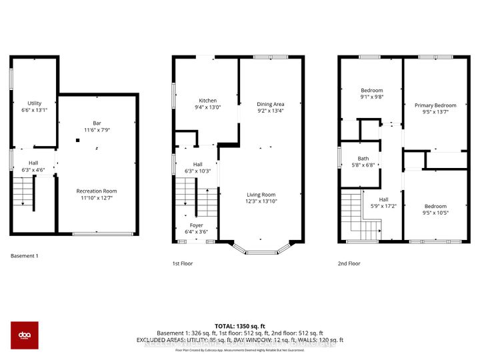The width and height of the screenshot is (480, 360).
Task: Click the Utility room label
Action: (x=35, y=103)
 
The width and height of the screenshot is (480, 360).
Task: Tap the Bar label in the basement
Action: (x=97, y=123)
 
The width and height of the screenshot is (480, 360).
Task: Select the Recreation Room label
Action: (x=97, y=191)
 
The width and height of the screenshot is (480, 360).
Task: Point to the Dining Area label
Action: (x=271, y=104)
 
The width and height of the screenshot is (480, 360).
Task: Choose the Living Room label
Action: (x=261, y=195)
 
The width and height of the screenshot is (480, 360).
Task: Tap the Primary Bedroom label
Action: (x=435, y=105)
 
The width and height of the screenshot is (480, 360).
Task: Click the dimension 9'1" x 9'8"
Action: (x=372, y=97)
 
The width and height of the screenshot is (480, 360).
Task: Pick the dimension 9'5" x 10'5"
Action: (x=435, y=213)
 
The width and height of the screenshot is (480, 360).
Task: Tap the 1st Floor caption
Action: (x=182, y=263)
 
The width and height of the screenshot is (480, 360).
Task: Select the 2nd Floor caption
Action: (x=349, y=263)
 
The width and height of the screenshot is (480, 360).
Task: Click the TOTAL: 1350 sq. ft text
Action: (x=240, y=325)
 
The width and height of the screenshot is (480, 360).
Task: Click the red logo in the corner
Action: (x=24, y=335)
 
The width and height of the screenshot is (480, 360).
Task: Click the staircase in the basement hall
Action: (x=23, y=194)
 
